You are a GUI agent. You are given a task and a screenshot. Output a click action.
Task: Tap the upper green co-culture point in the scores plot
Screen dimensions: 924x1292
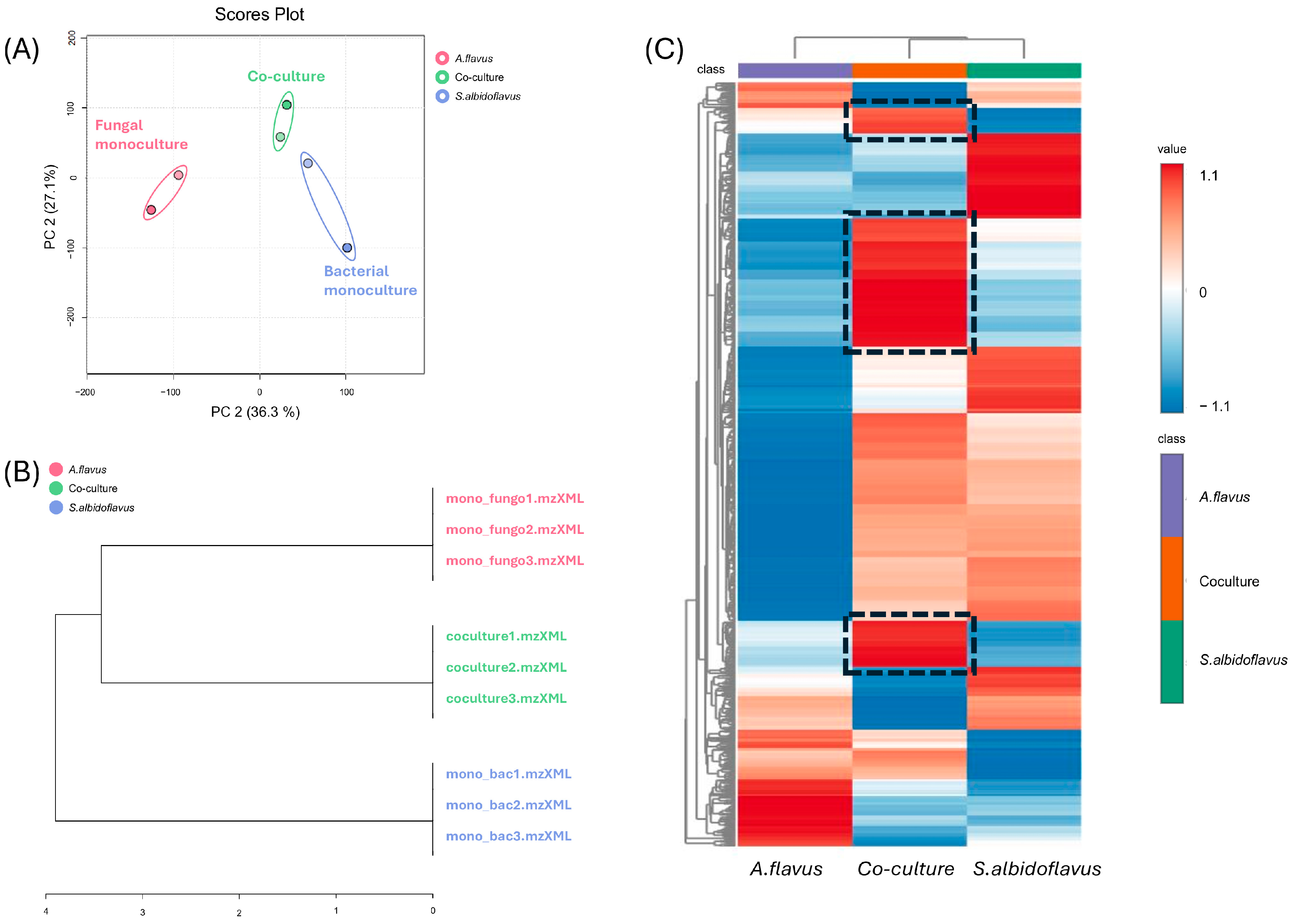pyautogui.click(x=287, y=105)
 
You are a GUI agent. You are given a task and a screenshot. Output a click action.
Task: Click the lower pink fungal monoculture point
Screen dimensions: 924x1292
pyautogui.click(x=151, y=210)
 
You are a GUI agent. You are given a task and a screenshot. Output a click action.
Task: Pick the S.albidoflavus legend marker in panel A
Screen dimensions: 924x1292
pyautogui.click(x=442, y=96)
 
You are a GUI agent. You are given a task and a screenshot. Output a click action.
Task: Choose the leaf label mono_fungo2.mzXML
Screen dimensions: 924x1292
pyautogui.click(x=514, y=530)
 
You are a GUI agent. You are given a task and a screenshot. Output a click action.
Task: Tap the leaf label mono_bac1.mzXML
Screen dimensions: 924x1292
pyautogui.click(x=508, y=774)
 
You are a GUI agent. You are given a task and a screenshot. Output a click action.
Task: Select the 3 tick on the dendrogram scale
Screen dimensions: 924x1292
pyautogui.click(x=143, y=912)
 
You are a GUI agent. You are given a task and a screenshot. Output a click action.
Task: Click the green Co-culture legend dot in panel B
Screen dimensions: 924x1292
pyautogui.click(x=56, y=488)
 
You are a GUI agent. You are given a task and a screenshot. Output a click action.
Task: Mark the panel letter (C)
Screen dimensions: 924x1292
pyautogui.click(x=663, y=50)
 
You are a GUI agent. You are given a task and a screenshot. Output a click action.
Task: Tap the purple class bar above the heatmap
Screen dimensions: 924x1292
pyautogui.click(x=794, y=71)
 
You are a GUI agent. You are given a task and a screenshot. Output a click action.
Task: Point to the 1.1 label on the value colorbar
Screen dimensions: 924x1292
pyautogui.click(x=1208, y=176)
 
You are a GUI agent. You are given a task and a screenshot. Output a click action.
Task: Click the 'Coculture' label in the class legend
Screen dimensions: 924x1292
pyautogui.click(x=1229, y=582)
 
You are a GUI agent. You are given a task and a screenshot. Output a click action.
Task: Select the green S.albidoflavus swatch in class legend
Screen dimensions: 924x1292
pyautogui.click(x=1171, y=661)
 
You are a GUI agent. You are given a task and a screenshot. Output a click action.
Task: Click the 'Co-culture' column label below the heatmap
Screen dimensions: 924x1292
pyautogui.click(x=906, y=869)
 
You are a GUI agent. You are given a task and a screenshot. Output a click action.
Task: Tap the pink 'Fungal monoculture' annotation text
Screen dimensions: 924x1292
pyautogui.click(x=141, y=135)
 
